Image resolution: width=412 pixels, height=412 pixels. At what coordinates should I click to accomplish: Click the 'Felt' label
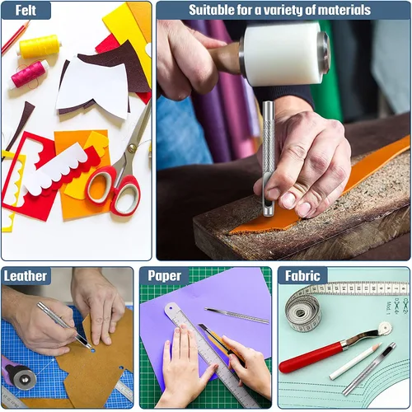[x=26, y=11]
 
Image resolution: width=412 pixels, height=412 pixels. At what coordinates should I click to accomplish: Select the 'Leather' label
[x=26, y=276]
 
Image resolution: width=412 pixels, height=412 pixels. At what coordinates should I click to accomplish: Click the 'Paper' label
[x=164, y=276]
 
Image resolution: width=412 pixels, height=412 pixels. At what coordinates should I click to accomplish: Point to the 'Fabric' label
[x=302, y=276]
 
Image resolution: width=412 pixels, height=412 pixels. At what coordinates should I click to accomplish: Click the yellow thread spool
[x=40, y=46]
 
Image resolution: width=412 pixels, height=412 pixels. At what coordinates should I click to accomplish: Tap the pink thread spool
[x=30, y=73]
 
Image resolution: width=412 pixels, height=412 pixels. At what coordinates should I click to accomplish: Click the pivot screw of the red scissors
[x=133, y=148]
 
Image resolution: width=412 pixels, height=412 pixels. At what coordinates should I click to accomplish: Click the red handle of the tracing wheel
[x=311, y=357]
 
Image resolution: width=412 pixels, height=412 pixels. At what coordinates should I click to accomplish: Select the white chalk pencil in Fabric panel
[x=355, y=361]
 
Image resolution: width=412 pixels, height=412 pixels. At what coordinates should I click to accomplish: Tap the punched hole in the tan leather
[x=92, y=350]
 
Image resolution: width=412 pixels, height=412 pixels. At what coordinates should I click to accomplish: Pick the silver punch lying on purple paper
[x=236, y=316]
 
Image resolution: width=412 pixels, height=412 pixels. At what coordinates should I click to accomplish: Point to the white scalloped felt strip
[x=59, y=173]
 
